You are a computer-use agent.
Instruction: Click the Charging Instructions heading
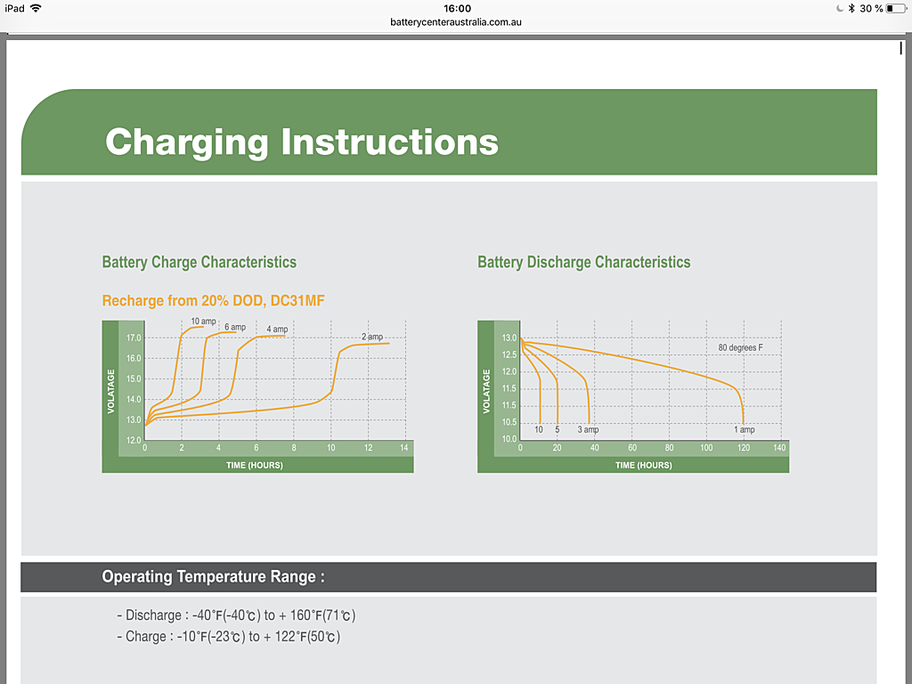pyautogui.click(x=302, y=142)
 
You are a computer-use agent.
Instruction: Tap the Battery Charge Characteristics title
pyautogui.click(x=199, y=263)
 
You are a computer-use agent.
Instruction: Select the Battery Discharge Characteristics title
pyautogui.click(x=584, y=263)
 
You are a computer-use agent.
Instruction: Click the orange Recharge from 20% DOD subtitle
pyautogui.click(x=213, y=301)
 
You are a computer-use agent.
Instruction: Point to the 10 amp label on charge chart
pyautogui.click(x=204, y=321)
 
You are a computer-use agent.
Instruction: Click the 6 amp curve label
pyautogui.click(x=235, y=327)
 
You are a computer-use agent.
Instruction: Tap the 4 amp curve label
pyautogui.click(x=277, y=330)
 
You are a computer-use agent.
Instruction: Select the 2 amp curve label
pyautogui.click(x=372, y=337)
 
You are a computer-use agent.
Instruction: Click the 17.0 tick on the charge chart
pyautogui.click(x=134, y=338)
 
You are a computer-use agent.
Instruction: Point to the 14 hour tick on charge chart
pyautogui.click(x=403, y=448)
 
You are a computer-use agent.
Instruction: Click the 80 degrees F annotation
pyautogui.click(x=740, y=348)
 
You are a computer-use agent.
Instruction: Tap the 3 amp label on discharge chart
pyautogui.click(x=588, y=430)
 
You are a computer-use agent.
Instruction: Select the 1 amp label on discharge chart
pyautogui.click(x=745, y=430)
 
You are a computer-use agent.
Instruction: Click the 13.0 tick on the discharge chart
pyautogui.click(x=509, y=338)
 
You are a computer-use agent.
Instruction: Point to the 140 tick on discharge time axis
pyautogui.click(x=779, y=448)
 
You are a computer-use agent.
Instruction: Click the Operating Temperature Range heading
pyautogui.click(x=213, y=576)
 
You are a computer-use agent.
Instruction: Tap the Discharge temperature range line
pyautogui.click(x=236, y=615)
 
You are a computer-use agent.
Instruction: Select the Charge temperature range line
pyautogui.click(x=229, y=636)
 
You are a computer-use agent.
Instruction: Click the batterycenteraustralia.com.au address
pyautogui.click(x=456, y=22)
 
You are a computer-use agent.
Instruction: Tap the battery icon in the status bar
pyautogui.click(x=896, y=8)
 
